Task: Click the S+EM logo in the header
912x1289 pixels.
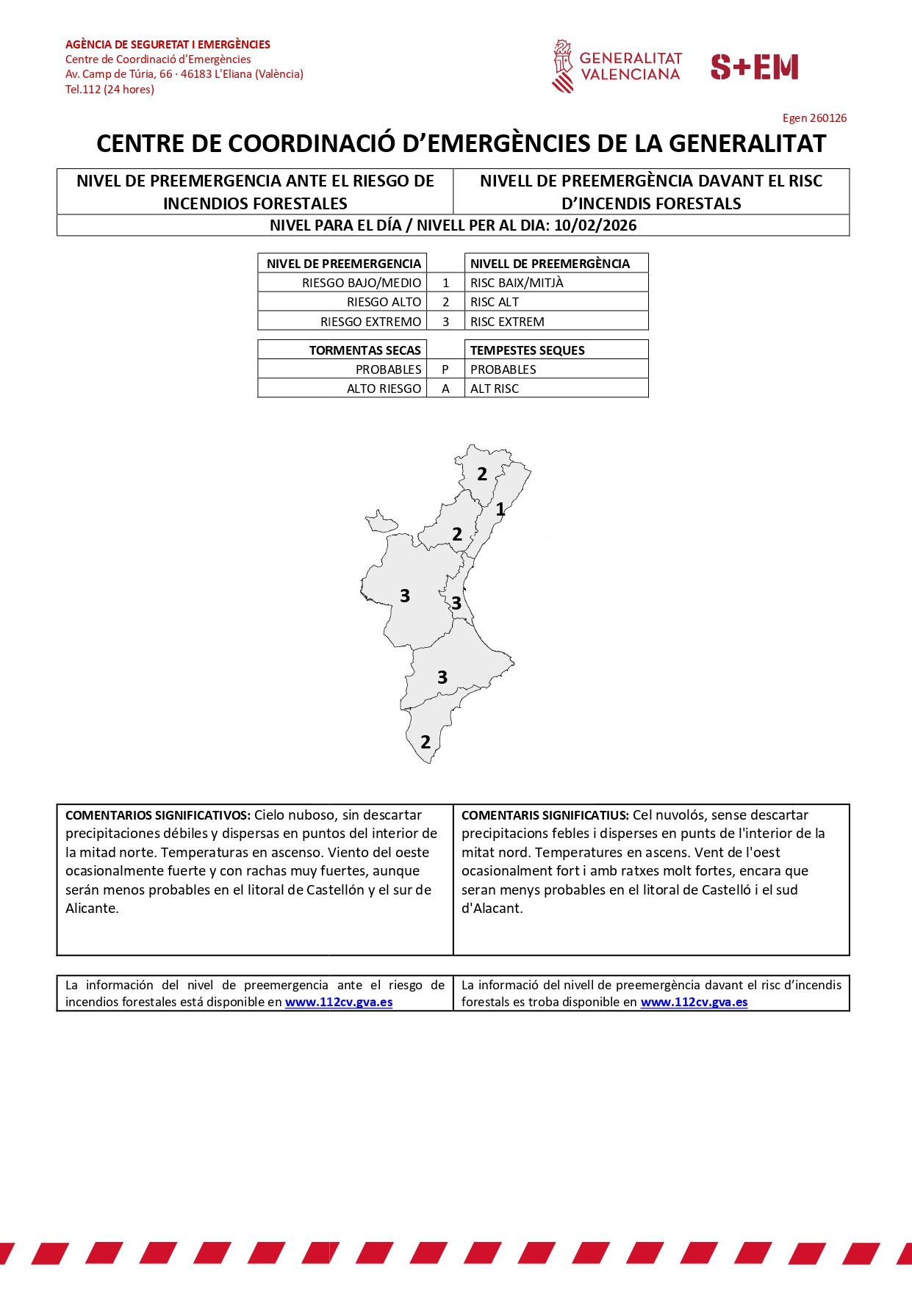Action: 754,67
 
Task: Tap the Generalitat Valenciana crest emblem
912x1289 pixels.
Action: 562,66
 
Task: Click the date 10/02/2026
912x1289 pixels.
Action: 595,225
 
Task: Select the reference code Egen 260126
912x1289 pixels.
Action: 814,118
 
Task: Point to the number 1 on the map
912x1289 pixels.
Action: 500,509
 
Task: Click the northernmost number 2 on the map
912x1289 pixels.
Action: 482,474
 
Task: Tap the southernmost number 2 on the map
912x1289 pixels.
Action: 426,743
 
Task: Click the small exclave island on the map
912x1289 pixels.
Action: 381,522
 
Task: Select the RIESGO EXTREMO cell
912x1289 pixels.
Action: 370,322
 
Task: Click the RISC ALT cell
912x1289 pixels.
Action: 495,302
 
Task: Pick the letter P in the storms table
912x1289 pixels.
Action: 445,369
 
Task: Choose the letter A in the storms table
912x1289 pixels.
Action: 445,389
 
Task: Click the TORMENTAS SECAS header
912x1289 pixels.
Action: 365,350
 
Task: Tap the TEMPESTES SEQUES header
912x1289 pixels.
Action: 527,350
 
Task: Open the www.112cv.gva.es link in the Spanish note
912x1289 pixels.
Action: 339,1003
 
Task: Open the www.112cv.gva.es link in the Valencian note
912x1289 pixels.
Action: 694,1003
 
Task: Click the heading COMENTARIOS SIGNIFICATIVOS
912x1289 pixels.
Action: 158,815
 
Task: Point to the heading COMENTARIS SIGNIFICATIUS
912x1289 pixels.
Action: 545,815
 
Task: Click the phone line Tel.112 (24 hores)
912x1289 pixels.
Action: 109,90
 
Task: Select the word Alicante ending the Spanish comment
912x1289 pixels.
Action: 91,909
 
